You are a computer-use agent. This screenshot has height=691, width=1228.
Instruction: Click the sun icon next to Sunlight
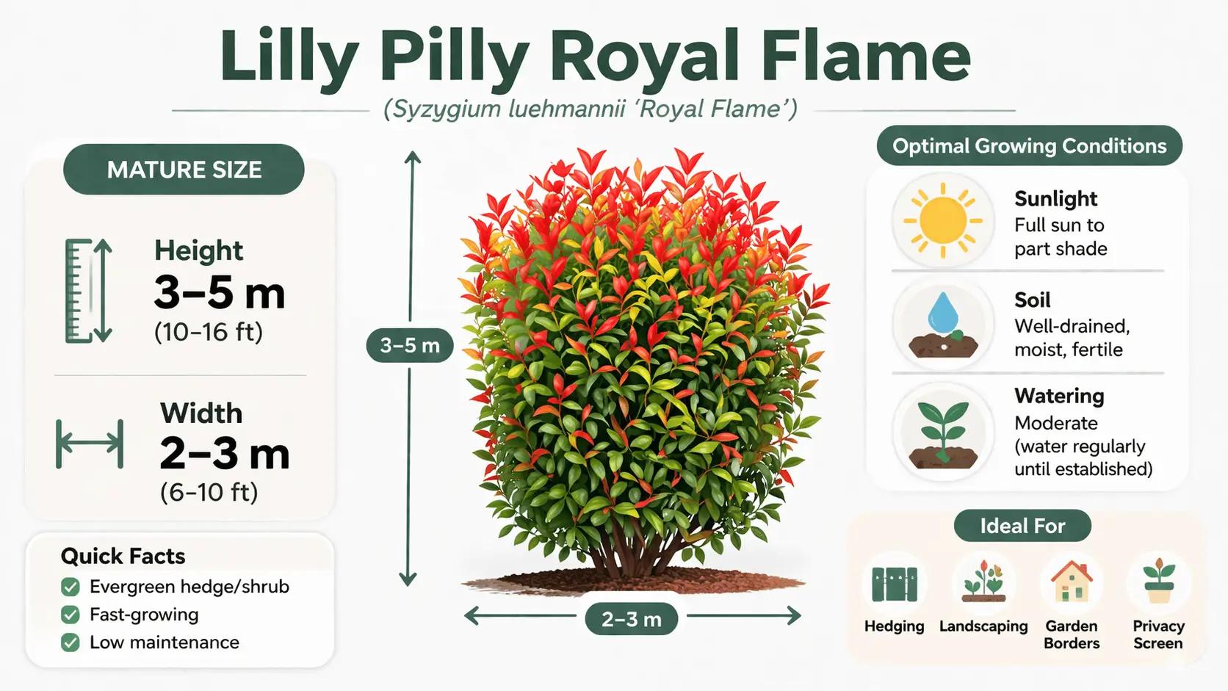tap(942, 220)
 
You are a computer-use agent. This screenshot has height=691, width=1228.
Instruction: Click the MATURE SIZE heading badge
tap(184, 170)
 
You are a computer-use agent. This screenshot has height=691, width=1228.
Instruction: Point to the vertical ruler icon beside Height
tap(88, 291)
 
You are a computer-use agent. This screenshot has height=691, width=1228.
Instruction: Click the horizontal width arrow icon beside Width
tap(90, 444)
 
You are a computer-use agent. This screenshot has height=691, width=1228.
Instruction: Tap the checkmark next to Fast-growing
tap(71, 615)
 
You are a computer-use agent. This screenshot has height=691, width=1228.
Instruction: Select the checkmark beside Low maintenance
tap(71, 643)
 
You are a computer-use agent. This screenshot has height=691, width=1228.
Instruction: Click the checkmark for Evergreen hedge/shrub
tap(71, 587)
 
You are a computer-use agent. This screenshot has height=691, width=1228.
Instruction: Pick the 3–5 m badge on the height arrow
tap(409, 345)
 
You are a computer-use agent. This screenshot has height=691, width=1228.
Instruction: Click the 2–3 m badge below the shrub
tap(631, 619)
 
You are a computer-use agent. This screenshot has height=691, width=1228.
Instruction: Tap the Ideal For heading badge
tap(1022, 526)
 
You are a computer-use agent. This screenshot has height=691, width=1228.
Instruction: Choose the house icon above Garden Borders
tap(1072, 582)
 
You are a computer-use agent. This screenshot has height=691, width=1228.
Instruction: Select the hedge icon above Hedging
tap(894, 584)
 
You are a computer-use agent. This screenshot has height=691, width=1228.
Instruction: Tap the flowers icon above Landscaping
tap(983, 582)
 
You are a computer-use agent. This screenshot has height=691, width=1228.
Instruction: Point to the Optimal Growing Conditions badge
tap(1029, 146)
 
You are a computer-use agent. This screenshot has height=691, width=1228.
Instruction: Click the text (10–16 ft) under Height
tap(209, 332)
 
